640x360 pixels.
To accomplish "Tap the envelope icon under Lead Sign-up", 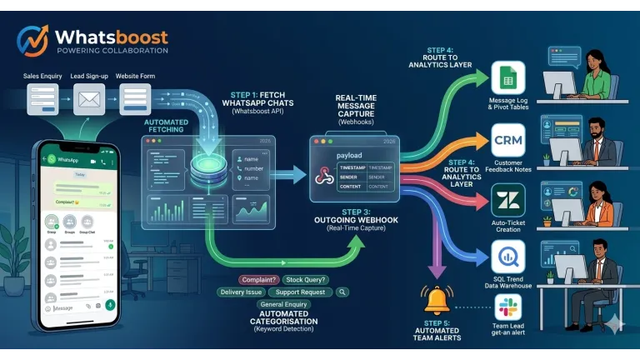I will [88, 101].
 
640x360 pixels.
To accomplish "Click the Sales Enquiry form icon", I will [42, 101].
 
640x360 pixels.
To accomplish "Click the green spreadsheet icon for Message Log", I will [507, 79].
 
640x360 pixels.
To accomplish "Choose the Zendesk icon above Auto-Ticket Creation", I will [507, 201].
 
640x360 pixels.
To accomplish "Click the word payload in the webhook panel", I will [349, 155].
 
